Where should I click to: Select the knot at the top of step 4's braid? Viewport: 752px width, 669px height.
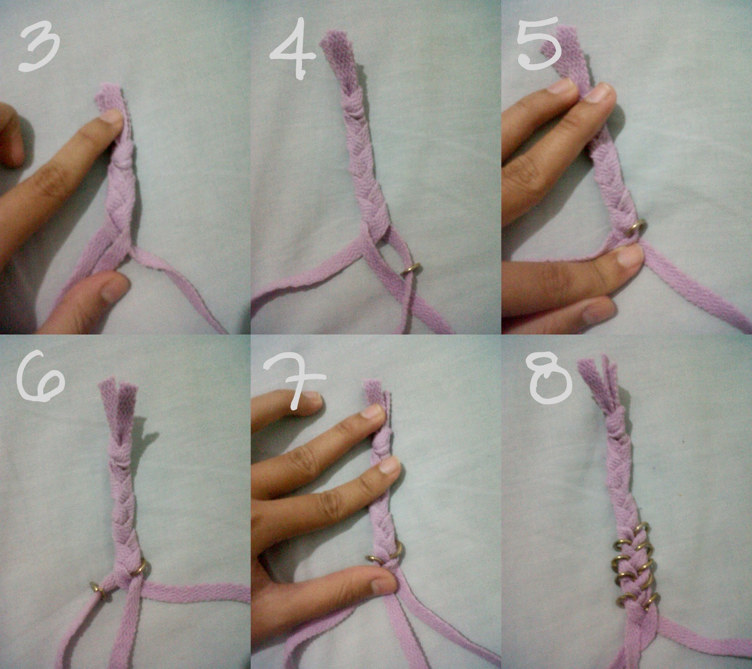pyautogui.click(x=352, y=111)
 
